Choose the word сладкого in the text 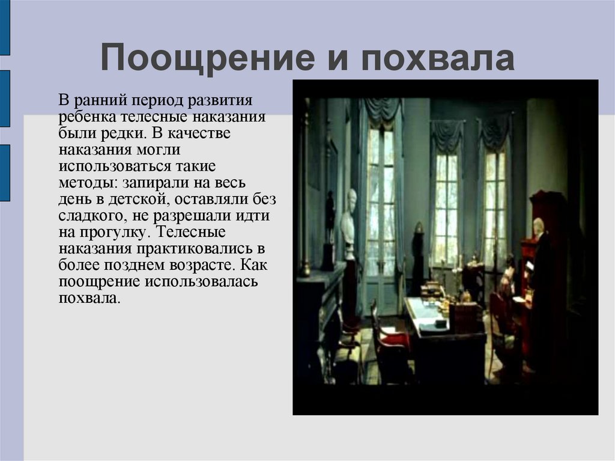coord(87,215)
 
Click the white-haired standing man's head coord(538,226)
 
